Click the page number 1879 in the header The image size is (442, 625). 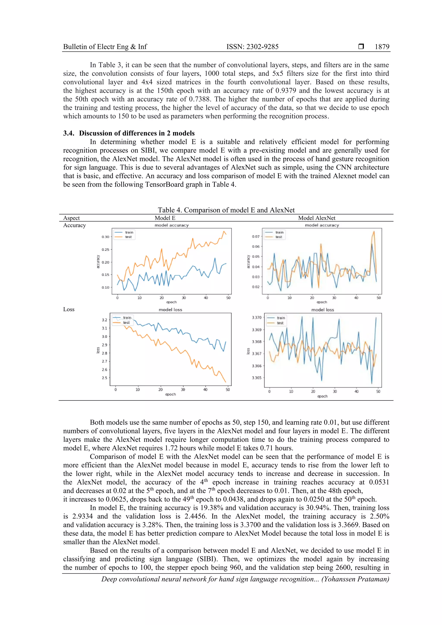382,47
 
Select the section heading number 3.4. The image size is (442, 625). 68,133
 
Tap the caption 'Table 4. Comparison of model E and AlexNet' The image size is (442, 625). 226,210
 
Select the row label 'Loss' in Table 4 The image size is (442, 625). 69,309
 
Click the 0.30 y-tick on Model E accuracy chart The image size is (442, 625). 105,237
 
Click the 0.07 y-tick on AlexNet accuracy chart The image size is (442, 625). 256,236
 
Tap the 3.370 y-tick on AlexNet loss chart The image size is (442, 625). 257,317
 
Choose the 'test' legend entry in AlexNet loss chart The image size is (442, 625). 280,323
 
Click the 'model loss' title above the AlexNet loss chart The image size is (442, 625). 322,310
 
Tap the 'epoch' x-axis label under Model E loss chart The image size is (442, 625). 170,394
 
